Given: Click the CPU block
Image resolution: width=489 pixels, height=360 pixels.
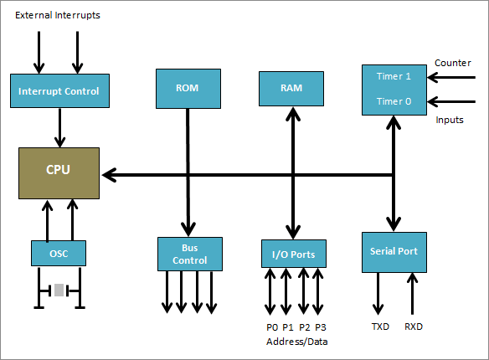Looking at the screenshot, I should click(59, 172).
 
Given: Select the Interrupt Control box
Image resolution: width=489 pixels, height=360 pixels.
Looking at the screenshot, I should click(59, 90).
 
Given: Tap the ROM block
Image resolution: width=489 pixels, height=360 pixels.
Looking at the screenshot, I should click(188, 87).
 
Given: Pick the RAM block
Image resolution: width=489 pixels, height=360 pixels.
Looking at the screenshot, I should click(291, 88).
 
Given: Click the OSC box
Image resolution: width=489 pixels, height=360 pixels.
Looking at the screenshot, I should click(59, 253).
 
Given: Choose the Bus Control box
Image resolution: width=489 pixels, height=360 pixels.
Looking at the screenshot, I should click(190, 253).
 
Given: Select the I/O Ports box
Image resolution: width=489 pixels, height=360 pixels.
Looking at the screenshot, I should click(293, 253).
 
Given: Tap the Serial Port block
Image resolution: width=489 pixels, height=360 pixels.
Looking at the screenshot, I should click(394, 251).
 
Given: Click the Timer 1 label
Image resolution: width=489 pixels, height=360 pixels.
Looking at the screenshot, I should click(393, 75).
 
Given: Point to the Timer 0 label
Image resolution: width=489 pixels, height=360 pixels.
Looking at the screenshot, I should click(393, 100).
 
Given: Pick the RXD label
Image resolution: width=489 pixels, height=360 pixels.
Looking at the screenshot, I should click(414, 327).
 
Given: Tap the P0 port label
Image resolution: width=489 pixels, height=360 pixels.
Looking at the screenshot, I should click(271, 327).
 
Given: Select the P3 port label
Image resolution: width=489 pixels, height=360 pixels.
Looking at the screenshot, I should click(320, 327).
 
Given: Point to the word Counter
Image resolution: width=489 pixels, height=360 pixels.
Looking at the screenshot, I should click(454, 63).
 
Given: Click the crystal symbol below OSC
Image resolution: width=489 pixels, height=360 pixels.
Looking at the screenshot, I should click(59, 291).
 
